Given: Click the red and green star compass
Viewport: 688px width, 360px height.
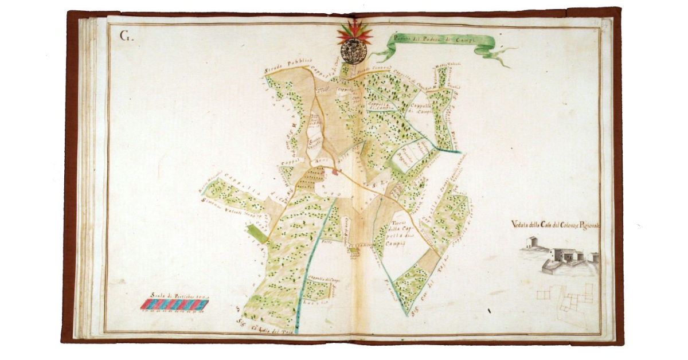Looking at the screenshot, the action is point(354,33).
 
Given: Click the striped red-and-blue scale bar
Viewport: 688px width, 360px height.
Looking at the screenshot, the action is point(174,304).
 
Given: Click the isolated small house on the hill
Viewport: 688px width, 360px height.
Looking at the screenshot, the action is point(531,242).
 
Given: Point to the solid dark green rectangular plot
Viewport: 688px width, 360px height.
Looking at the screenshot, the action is point(257,234).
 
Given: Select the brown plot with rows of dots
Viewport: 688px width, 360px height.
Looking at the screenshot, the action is point(308,178).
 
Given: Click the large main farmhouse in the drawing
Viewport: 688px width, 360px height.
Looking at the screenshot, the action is point(565,255).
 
